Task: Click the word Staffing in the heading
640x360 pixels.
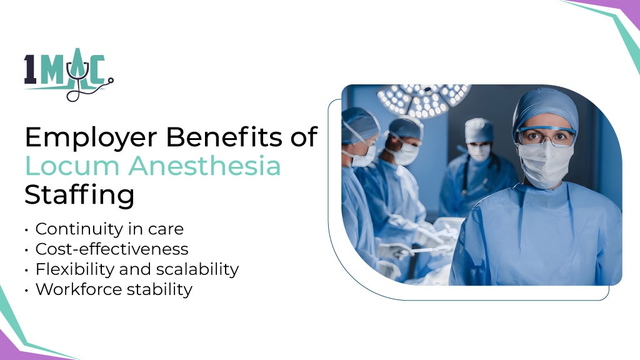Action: point(79,195)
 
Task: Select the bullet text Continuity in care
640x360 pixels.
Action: point(109,229)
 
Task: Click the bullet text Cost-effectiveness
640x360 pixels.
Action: point(112,249)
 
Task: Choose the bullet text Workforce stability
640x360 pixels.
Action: point(114,289)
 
